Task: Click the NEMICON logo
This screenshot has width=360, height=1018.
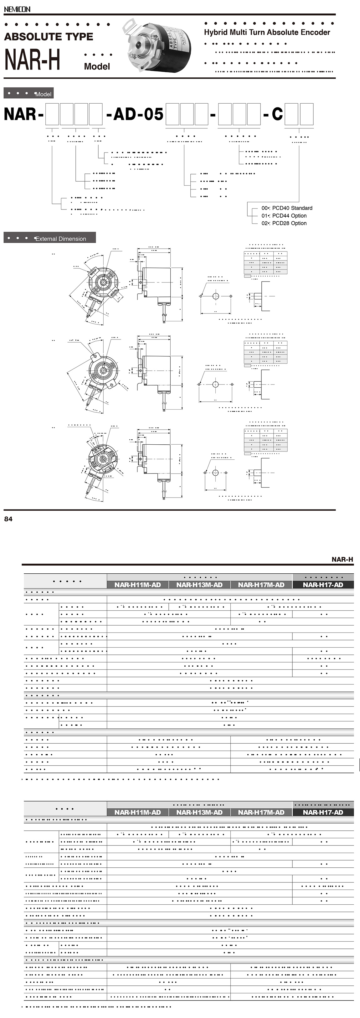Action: coord(17,9)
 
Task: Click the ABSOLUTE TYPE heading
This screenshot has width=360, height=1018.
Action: coord(49,37)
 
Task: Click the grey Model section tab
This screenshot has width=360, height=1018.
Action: coord(28,94)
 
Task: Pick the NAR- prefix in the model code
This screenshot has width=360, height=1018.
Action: coord(23,114)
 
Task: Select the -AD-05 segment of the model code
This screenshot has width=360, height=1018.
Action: coord(135,114)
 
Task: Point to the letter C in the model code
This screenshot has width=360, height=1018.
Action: coord(277,114)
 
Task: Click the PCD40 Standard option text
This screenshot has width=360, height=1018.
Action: coord(292,208)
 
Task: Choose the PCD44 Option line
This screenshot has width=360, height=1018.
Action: coord(289,216)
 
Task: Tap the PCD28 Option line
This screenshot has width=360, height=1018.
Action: coord(289,223)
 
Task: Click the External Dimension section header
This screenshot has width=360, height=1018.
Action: coord(50,238)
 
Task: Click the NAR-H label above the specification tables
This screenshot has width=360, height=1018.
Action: coord(342,559)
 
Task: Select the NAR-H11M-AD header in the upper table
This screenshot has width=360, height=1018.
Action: coord(137,585)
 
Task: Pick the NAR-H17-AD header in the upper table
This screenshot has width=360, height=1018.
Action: coord(323,585)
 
